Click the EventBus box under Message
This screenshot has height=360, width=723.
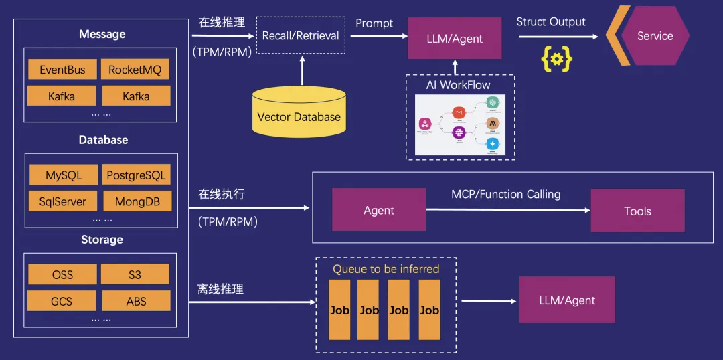62,70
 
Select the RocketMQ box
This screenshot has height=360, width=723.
135,70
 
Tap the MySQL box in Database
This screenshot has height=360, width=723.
64,175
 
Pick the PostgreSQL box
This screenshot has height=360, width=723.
136,175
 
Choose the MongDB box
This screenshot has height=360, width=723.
136,201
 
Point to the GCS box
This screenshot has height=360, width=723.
62,301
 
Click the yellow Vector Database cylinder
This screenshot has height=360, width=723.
299,114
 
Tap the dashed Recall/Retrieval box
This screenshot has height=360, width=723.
301,36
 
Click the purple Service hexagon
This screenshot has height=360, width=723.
654,36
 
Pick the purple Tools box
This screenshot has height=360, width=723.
637,211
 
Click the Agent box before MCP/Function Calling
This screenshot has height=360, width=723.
379,210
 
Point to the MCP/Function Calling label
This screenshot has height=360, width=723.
505,194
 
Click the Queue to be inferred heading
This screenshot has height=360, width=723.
386,269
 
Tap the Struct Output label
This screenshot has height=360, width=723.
551,22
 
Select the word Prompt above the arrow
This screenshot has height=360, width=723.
374,23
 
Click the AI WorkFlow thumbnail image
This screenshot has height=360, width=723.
460,124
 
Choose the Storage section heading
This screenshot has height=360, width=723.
101,239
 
